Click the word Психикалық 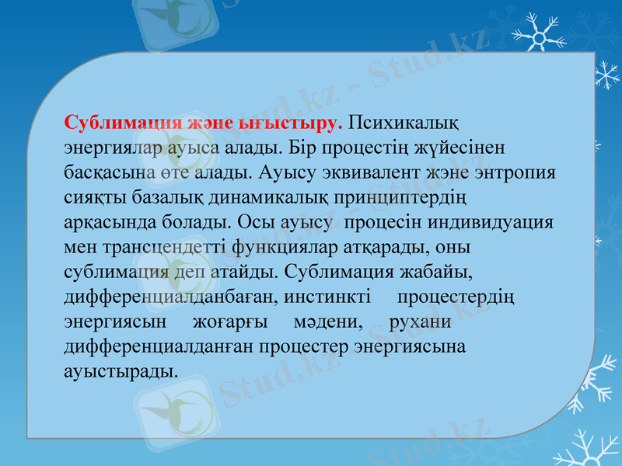click(403, 123)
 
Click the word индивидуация click(498, 221)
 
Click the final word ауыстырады click(120, 371)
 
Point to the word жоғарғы click(231, 322)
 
